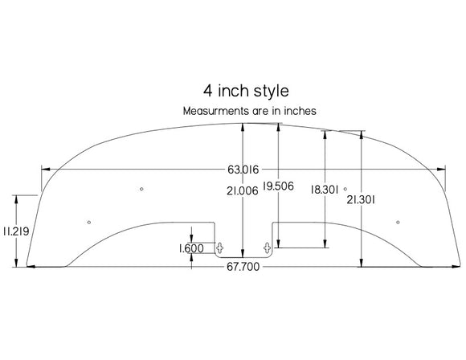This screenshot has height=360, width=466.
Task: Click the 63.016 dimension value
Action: [243, 170]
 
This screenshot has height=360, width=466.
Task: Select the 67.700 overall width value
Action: [243, 267]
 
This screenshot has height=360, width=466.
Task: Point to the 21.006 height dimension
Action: [242, 190]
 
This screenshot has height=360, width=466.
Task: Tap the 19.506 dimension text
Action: [278, 186]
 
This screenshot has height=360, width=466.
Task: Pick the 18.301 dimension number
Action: [325, 190]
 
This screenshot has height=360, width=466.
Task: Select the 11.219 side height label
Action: [16, 231]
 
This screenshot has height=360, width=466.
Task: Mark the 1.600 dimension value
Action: [191, 249]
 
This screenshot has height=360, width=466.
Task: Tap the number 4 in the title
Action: [208, 91]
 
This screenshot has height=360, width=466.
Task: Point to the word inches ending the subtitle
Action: [299, 111]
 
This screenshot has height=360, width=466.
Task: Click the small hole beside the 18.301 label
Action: [345, 188]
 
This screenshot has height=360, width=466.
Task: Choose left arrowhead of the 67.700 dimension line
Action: [31, 265]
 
